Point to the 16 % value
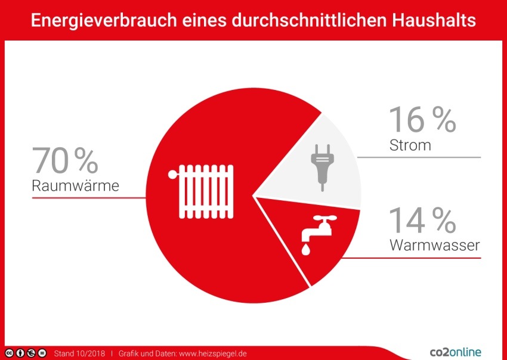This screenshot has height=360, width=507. (422, 120)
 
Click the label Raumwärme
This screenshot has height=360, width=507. (75, 186)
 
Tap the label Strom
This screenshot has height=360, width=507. (410, 145)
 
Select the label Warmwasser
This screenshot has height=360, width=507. (434, 245)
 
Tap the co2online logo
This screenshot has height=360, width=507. (455, 352)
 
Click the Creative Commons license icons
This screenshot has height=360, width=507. (26, 353)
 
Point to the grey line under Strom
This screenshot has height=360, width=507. (418, 157)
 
